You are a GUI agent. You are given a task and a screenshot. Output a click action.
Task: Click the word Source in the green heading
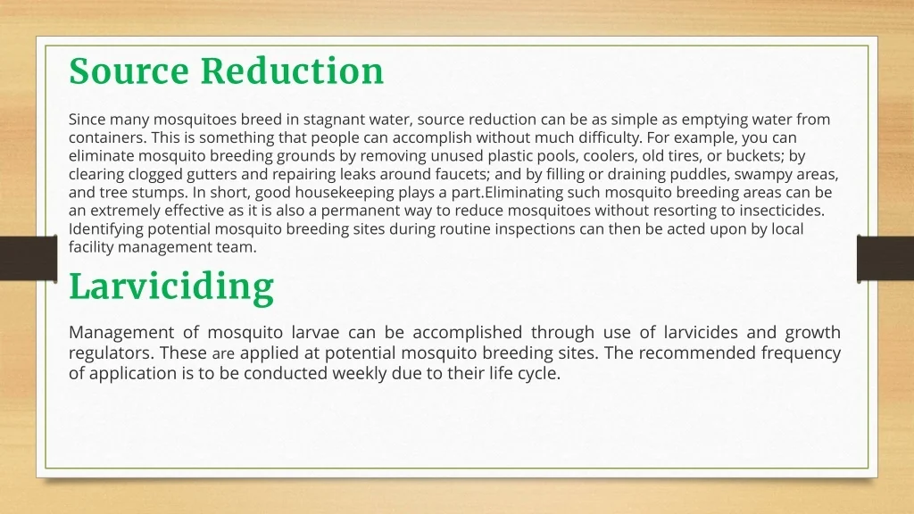[x=129, y=71]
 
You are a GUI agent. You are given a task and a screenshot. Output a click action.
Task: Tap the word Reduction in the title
[x=292, y=71]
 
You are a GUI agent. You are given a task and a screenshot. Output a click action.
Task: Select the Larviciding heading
[x=171, y=287]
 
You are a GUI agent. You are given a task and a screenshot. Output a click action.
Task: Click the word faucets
[x=462, y=174]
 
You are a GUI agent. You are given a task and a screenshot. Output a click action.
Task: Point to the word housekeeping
[x=344, y=193]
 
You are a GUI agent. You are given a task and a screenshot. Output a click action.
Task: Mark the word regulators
[x=112, y=353]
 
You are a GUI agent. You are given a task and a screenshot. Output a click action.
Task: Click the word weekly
[x=359, y=374]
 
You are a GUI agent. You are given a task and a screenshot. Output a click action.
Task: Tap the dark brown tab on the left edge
[x=29, y=258]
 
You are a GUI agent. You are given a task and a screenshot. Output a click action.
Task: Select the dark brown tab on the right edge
[x=885, y=258]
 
